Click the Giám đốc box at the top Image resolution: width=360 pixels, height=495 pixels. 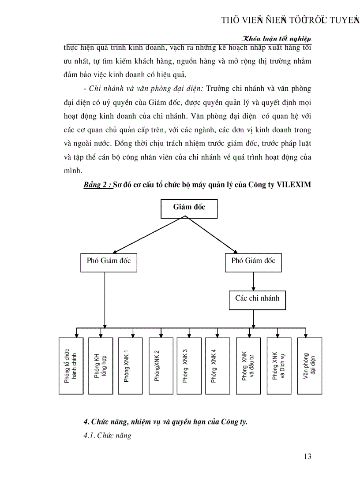tap(189, 208)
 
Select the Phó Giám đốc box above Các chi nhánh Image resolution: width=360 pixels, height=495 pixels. tap(253, 262)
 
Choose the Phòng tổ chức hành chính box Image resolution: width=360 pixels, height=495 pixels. tap(71, 365)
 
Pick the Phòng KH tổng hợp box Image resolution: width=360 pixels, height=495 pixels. tap(101, 365)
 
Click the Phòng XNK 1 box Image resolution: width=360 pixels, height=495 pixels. tap(130, 365)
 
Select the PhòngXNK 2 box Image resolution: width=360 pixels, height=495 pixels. tap(161, 365)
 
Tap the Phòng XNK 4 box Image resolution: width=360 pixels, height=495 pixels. tap(217, 365)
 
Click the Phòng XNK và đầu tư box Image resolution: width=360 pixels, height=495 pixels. tap(248, 365)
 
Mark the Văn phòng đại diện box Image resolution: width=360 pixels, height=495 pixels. tap(310, 365)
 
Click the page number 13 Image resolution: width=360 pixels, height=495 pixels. tap(307, 456)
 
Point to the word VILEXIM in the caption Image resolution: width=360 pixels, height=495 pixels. tap(294, 185)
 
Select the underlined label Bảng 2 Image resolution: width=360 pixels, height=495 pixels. tap(97, 185)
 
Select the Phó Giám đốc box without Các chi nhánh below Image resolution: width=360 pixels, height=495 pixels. tap(106, 262)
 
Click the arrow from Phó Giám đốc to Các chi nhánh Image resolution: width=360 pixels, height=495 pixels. tap(253, 281)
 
